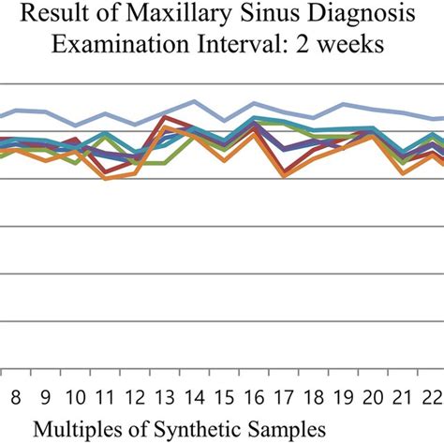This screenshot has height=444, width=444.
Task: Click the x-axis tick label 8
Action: click(16, 395)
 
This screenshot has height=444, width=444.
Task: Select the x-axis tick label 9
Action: click(46, 395)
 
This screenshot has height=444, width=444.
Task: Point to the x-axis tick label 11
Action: click(106, 395)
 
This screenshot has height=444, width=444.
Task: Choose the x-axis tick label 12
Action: click(136, 395)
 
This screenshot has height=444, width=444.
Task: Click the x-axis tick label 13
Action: click(166, 395)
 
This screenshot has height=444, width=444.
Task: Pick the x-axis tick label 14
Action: click(196, 395)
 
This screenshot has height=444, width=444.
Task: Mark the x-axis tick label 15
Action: click(226, 395)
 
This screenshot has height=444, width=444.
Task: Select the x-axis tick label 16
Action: click(256, 395)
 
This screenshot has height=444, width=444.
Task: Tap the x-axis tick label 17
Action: click(286, 395)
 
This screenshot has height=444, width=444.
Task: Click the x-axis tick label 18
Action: click(316, 395)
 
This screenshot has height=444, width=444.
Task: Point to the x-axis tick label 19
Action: click(346, 395)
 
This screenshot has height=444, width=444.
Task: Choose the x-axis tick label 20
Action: click(376, 395)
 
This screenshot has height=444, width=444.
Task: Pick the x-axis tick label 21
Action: click(406, 395)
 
